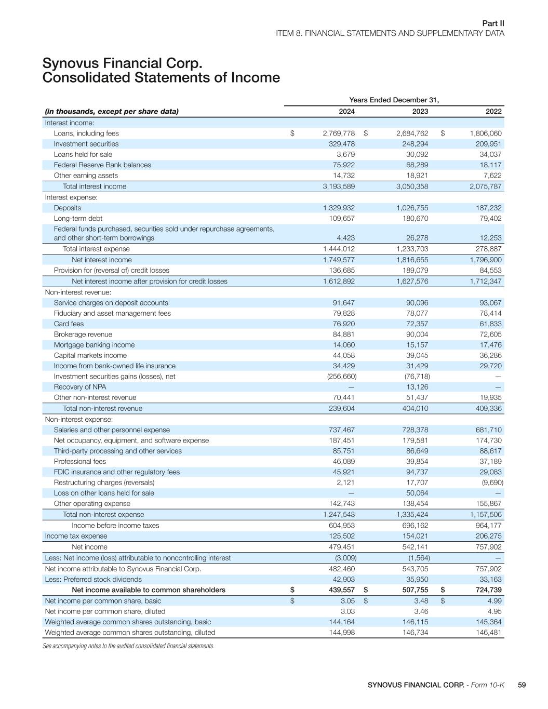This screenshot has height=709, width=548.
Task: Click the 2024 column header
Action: [346, 111]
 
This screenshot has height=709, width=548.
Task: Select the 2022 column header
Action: [493, 111]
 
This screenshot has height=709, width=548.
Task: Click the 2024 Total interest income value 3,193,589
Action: [339, 186]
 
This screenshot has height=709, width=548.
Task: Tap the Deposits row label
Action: [68, 208]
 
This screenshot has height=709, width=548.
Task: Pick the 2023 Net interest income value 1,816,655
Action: [412, 260]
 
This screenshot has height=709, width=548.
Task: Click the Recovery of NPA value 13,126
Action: [417, 387]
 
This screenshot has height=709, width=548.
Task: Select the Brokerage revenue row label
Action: [83, 335]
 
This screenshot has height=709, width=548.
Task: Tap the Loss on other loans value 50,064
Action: [417, 493]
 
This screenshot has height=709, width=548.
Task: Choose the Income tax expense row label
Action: [76, 536]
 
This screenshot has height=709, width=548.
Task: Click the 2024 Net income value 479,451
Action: [342, 547]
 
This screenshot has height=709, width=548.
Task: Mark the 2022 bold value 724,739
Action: [488, 590]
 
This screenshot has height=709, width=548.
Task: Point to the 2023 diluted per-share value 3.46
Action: [421, 611]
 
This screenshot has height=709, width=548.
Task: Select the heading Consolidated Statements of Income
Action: [161, 78]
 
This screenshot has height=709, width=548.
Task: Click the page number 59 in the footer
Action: [522, 685]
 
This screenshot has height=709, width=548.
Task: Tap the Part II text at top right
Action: [493, 23]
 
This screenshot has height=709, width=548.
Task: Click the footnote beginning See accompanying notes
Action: [128, 646]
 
